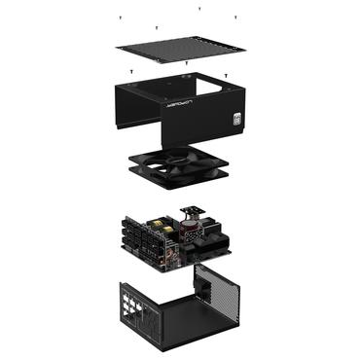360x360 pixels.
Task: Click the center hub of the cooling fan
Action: coord(180,162)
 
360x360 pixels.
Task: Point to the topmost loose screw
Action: coord(198,8)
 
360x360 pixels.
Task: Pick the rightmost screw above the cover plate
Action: coord(235,18)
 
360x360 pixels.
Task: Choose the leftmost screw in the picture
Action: coord(120,18)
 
